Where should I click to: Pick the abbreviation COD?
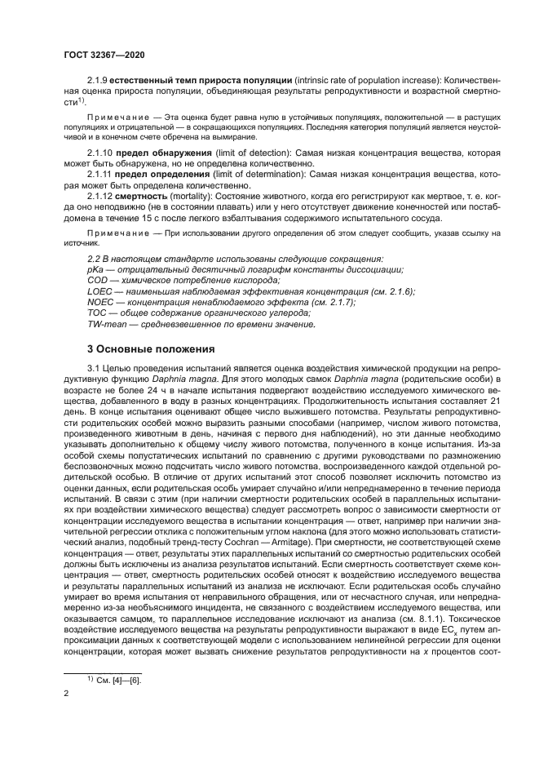pyautogui.click(x=98, y=281)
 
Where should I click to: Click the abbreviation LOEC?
pyautogui.click(x=99, y=291)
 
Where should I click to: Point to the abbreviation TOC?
pyautogui.click(x=97, y=313)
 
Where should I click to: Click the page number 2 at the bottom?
pyautogui.click(x=67, y=694)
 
